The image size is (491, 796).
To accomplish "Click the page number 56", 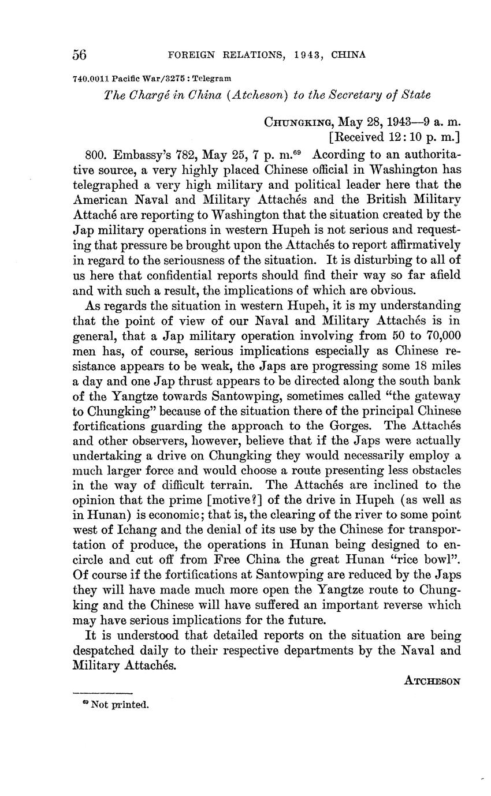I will (x=80, y=55).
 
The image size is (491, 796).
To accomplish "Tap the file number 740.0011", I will (x=91, y=78).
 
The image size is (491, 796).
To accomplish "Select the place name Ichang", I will (x=127, y=530).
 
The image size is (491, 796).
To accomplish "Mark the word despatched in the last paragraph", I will (x=105, y=651).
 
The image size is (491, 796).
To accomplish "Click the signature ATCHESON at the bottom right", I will (x=432, y=681).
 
